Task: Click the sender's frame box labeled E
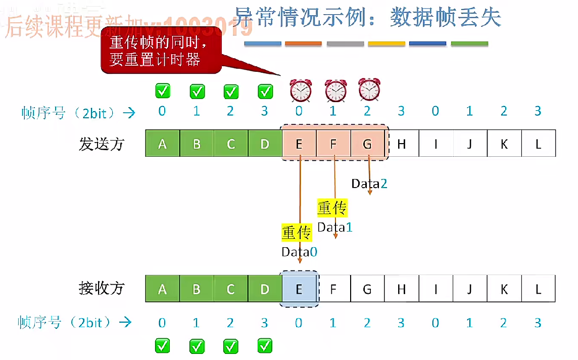299,144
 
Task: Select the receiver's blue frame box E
299,289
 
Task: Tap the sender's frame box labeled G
367,144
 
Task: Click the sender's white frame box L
539,144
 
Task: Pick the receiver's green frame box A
162,289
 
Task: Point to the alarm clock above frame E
301,91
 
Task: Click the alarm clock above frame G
369,89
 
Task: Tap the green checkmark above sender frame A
163,91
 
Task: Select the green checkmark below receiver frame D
265,346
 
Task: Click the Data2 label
369,184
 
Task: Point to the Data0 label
300,251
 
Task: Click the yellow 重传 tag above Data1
332,208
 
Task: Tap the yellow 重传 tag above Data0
296,233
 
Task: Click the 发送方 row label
101,144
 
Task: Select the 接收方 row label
101,289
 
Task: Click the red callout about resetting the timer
162,51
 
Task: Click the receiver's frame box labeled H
402,289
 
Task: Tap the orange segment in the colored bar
303,44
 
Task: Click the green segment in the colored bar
469,44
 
